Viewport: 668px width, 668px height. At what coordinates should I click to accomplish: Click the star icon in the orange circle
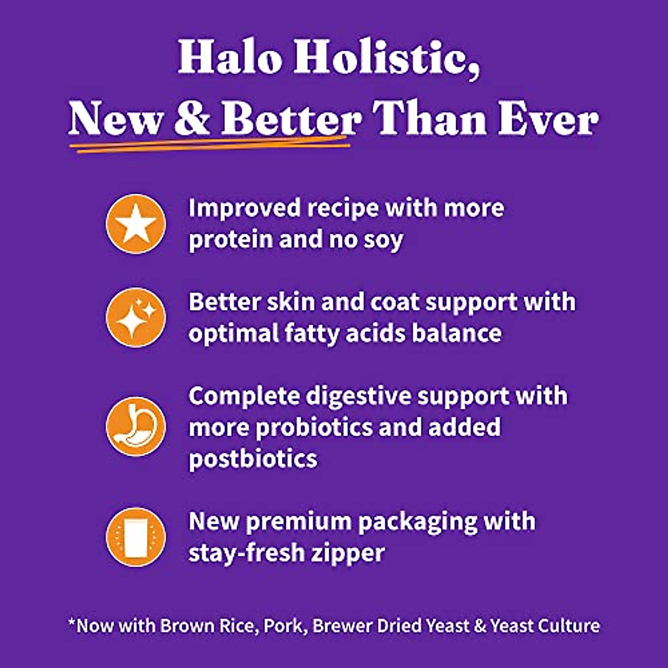(x=136, y=224)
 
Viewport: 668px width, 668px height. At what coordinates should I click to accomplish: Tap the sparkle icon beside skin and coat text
(x=136, y=318)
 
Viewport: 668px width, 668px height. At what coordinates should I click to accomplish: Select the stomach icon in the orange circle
(x=136, y=426)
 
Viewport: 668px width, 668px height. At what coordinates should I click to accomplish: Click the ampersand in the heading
(x=192, y=119)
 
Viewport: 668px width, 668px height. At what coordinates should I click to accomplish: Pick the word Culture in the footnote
(x=573, y=625)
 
